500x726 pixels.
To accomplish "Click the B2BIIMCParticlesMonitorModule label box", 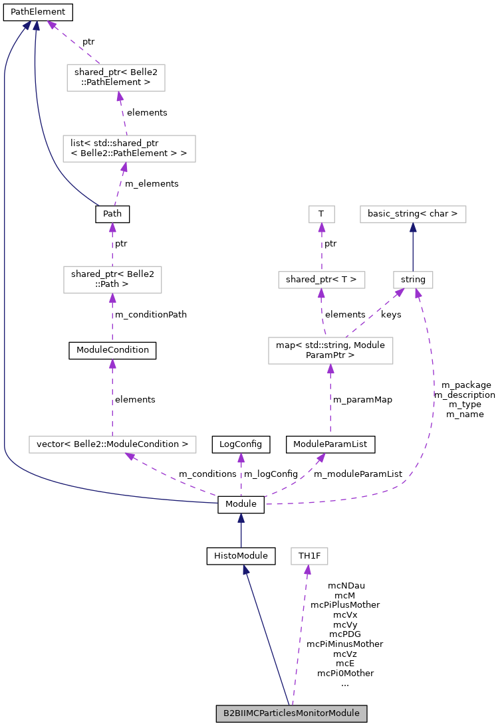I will pos(291,713).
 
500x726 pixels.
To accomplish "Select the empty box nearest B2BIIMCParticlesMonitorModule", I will pos(309,556).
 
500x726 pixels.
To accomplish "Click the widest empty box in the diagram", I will pos(112,444).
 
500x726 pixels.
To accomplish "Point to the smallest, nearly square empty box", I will pos(322,214).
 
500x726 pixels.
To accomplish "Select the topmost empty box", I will pos(116,78).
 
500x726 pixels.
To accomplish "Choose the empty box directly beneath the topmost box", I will pos(129,149).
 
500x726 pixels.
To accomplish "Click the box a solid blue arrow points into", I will pos(413,214).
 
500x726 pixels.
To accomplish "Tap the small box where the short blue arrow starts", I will pos(413,280).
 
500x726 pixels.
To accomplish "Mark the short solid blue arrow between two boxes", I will pos(413,247).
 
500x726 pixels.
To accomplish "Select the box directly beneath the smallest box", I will pos(322,280).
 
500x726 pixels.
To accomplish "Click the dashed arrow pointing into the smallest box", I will pos(322,247).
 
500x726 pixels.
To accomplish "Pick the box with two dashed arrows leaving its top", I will pos(330,350).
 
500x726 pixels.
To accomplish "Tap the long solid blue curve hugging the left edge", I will pos(5,266).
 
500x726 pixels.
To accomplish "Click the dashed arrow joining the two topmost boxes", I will pos(123,113).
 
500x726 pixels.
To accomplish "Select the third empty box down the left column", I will pos(112,279).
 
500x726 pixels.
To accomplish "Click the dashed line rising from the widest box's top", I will pos(112,399).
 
